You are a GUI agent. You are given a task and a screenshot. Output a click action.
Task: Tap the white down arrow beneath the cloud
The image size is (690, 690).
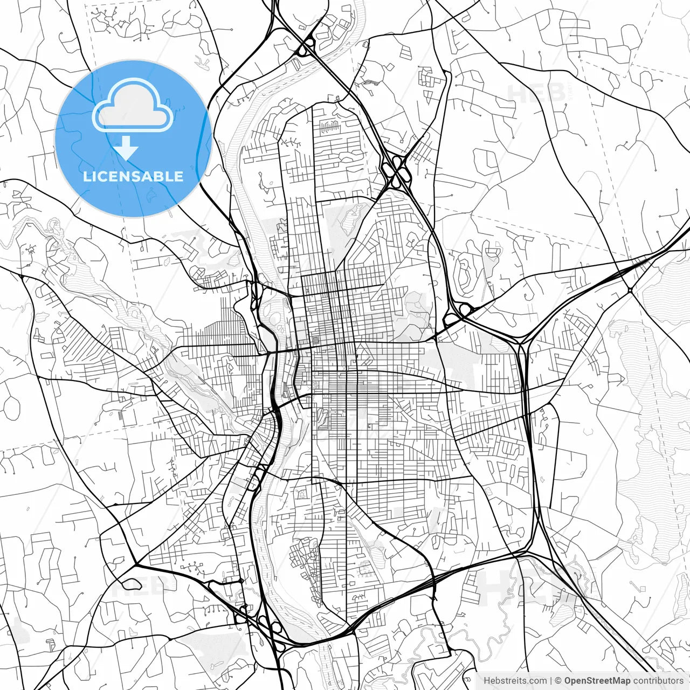point(126,148)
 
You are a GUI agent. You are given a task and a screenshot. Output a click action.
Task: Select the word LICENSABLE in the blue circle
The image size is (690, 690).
point(133,176)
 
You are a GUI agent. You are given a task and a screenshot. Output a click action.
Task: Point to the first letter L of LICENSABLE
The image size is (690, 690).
point(86,176)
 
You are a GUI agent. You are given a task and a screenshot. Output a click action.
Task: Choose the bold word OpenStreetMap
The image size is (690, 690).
point(598,681)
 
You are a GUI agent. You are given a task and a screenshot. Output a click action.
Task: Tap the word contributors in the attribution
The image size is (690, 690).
point(658,681)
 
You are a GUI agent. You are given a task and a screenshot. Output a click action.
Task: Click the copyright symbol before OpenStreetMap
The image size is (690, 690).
point(558,681)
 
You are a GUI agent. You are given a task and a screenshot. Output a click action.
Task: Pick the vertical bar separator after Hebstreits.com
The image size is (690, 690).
point(551,681)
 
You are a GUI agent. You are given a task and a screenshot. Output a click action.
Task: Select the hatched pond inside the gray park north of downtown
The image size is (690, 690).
point(349,216)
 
